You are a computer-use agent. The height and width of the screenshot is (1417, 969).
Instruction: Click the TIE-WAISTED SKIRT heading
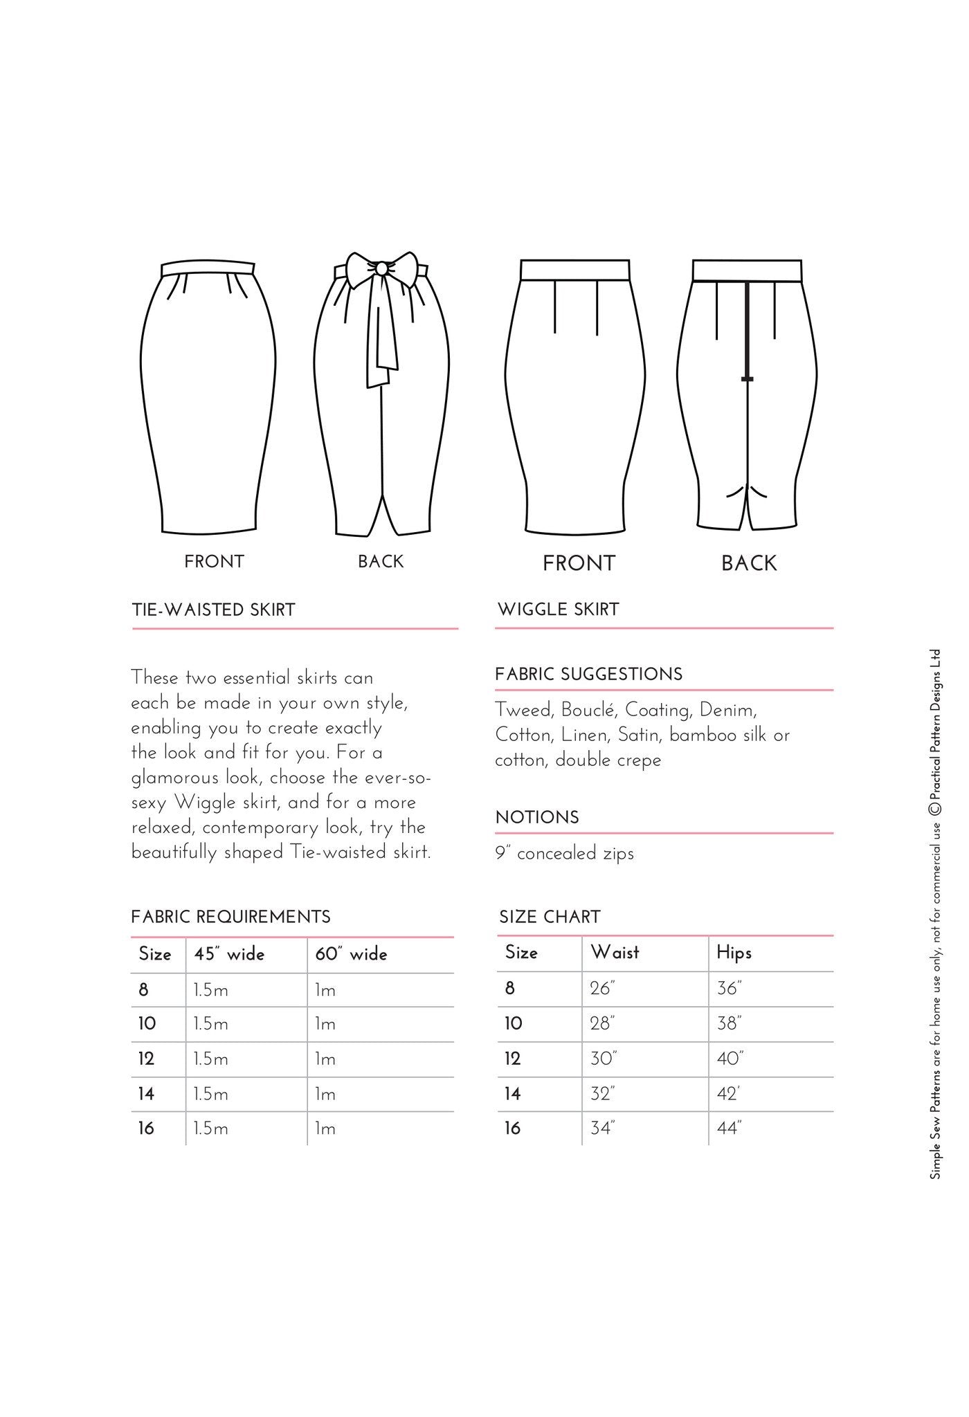[x=213, y=610]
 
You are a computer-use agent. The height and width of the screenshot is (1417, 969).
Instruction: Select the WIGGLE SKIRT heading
[x=558, y=610]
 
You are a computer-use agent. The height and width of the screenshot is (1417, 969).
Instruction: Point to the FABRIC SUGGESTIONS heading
[x=588, y=675]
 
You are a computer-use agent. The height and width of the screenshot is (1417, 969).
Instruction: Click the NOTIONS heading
[x=537, y=817]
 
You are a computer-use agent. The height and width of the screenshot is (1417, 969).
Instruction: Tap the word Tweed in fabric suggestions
[x=523, y=711]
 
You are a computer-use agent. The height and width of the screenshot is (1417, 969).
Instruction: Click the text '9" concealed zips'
[x=564, y=853]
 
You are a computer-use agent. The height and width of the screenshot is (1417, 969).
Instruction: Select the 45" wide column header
[x=229, y=954]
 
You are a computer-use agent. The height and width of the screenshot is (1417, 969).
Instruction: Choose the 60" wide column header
[x=351, y=954]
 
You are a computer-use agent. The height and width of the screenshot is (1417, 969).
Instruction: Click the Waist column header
[x=615, y=953]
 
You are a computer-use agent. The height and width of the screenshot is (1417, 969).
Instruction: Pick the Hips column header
[x=734, y=953]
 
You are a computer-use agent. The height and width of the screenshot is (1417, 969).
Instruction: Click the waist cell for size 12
[x=603, y=1059]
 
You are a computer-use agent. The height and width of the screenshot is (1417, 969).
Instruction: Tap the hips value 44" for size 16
[x=729, y=1128]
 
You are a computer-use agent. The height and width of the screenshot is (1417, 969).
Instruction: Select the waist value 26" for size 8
[x=602, y=989]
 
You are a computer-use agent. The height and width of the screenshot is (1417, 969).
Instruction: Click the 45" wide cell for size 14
[x=211, y=1094]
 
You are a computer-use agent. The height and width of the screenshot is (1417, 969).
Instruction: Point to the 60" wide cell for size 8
[x=325, y=990]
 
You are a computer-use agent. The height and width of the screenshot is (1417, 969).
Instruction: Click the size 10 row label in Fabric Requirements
[x=147, y=1024]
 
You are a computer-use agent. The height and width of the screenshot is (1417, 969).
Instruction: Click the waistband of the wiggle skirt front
[x=574, y=270]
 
